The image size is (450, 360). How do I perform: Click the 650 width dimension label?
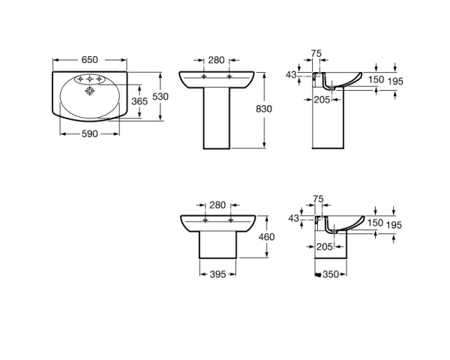[90, 60]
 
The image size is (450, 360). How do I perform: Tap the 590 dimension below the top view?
[90, 133]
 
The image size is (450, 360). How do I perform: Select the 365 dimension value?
[139, 101]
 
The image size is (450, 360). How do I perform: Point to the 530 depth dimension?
[160, 97]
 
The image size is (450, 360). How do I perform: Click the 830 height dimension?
[264, 109]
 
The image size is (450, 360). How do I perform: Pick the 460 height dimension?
[266, 237]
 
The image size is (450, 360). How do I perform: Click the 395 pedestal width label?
[217, 274]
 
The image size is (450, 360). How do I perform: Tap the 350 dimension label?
[331, 274]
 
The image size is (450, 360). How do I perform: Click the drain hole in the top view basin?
[90, 91]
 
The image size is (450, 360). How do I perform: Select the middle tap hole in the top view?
[90, 79]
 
